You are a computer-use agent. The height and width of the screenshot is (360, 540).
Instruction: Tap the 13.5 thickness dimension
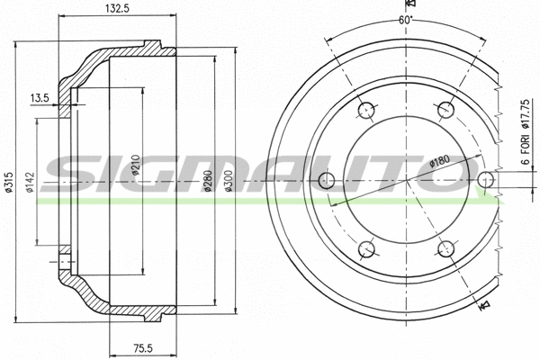[39, 97]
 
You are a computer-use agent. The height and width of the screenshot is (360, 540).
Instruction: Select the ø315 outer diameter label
[7, 182]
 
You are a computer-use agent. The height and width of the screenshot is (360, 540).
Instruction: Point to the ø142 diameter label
[30, 182]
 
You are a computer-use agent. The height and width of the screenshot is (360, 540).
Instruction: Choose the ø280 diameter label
[209, 183]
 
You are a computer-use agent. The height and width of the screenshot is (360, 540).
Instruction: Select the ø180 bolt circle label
[439, 160]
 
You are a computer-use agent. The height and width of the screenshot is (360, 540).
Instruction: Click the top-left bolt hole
[364, 111]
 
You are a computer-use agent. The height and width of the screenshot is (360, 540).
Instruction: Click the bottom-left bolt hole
[364, 248]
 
